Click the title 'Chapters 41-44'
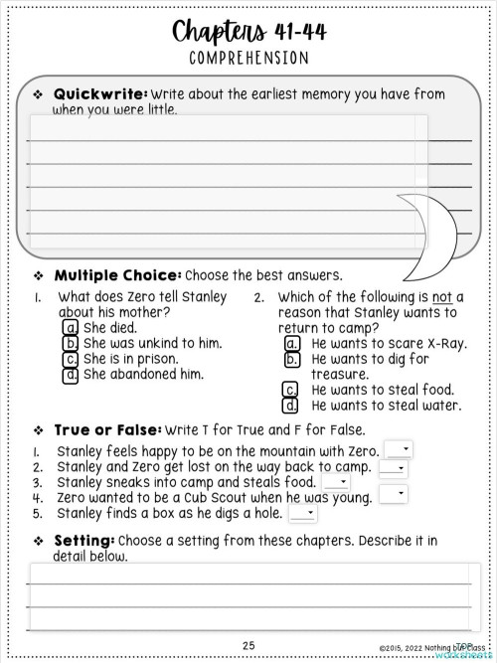point(248,33)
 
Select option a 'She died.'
point(72,327)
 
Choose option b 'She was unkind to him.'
point(72,343)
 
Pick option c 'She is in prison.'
point(72,359)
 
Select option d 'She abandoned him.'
point(72,375)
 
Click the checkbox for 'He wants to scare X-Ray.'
point(292,343)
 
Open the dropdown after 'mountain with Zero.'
point(399,450)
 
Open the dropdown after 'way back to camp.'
point(393,467)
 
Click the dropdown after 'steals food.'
point(336,482)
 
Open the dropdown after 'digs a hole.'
point(303,514)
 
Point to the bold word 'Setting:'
point(84,541)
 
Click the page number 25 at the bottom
point(248,645)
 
